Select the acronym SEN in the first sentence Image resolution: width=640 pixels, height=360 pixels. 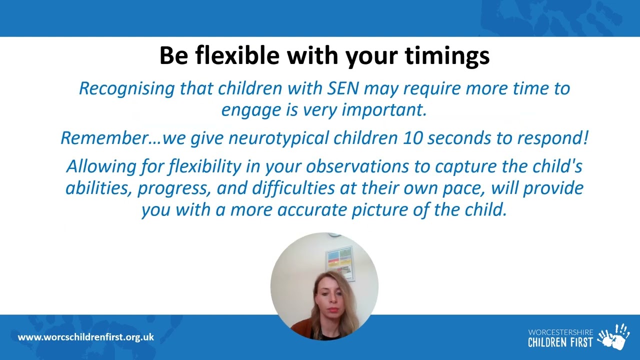[343, 88]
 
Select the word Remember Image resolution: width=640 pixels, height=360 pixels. [104, 138]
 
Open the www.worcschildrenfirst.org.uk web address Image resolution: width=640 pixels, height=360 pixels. [86, 337]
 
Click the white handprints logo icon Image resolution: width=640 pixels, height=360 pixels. [613, 337]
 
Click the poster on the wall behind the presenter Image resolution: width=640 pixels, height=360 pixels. [339, 262]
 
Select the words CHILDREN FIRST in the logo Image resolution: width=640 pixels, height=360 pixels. [560, 342]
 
